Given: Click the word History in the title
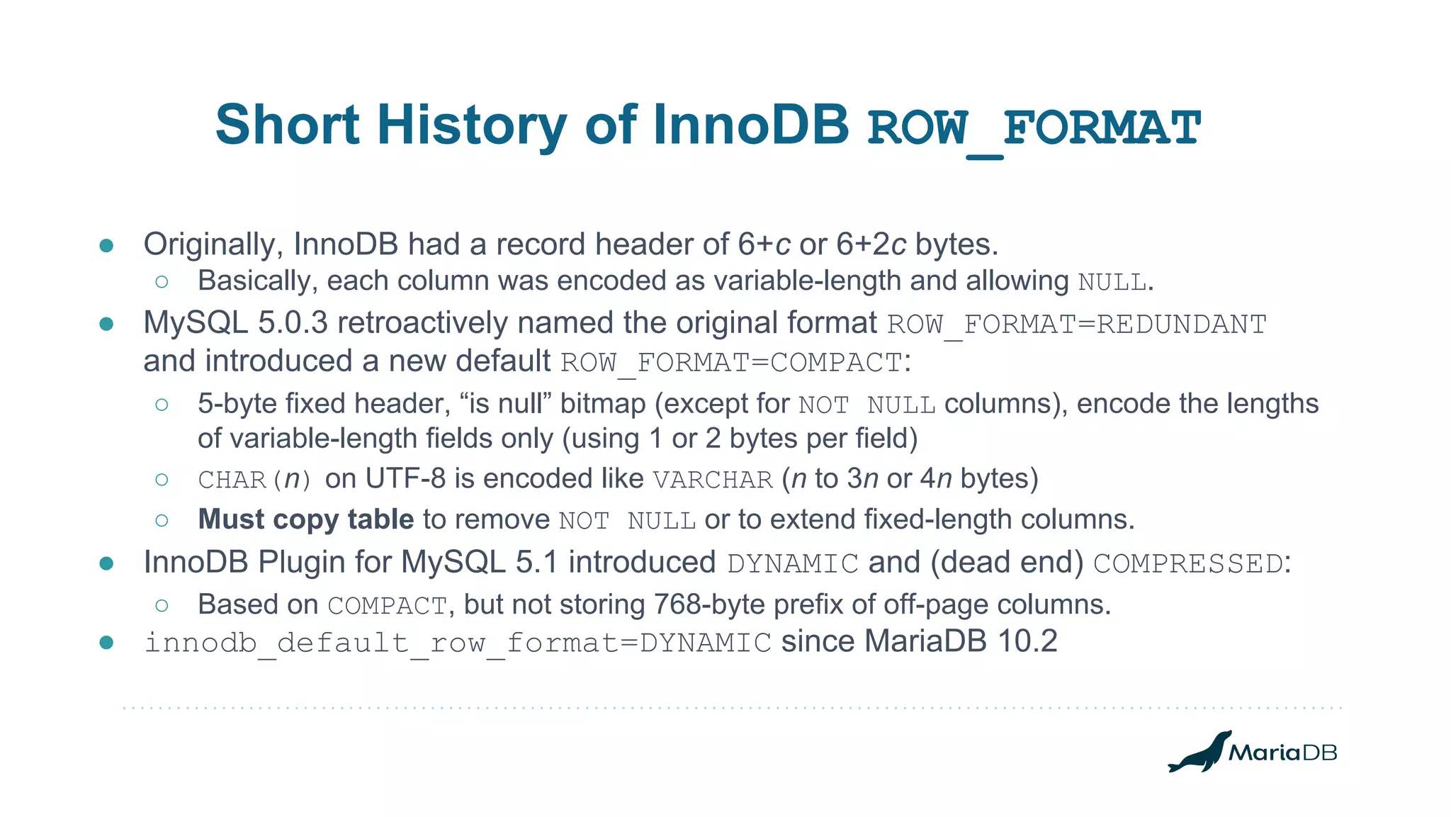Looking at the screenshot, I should [x=471, y=125].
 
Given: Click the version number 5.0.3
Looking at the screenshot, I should [x=293, y=323].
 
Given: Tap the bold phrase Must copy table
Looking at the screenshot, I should [x=305, y=519].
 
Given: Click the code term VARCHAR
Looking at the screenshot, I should [x=712, y=480].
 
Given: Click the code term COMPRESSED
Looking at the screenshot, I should [x=1188, y=564].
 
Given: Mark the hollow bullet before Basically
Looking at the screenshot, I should [x=162, y=282].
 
